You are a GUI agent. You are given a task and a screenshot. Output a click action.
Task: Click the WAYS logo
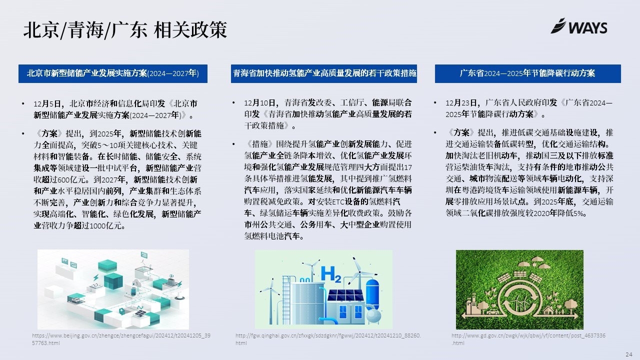point(579,26)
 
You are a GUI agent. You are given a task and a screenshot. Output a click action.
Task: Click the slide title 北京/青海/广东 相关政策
point(125,29)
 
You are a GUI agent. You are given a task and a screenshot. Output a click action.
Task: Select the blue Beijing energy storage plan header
point(113,73)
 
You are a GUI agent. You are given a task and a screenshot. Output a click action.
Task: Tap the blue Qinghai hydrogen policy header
point(324,73)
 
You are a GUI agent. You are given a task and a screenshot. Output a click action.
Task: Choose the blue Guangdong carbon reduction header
point(527,73)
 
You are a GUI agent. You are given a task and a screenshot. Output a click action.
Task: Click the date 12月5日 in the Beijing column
point(47,103)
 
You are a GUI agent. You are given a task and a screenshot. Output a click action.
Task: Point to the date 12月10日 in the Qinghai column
point(259,102)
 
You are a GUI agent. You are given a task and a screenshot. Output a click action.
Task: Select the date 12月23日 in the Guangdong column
point(461,102)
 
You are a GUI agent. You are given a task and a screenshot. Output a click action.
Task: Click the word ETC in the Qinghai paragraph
point(338,201)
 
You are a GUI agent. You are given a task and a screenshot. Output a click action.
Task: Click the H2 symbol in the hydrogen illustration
point(331,274)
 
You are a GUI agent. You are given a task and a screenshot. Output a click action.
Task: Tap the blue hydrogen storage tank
point(372,294)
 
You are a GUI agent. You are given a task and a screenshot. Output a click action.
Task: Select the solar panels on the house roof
point(345,295)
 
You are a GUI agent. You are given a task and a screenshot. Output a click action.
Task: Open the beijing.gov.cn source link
point(121,339)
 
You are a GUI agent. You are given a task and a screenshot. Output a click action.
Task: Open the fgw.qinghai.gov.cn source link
point(328,339)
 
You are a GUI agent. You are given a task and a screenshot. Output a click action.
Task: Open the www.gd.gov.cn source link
point(528,339)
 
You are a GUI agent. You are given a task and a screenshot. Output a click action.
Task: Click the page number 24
point(629,354)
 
